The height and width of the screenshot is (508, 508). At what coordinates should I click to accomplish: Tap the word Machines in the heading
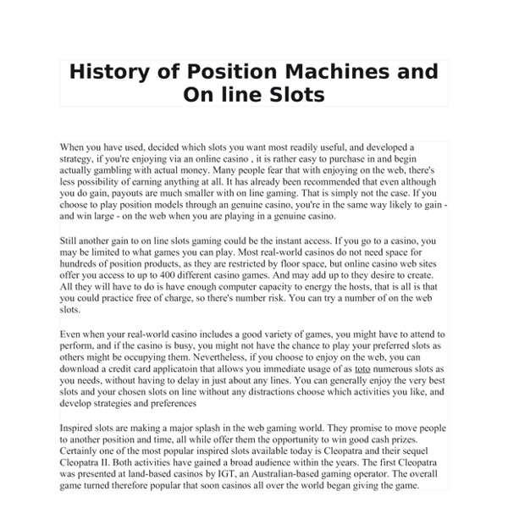pos(313,71)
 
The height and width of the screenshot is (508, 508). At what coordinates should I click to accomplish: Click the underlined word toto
pos(362,370)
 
